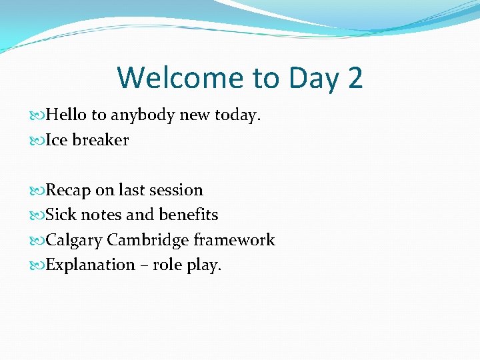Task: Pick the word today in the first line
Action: (x=236, y=116)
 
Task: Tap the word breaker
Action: (x=100, y=141)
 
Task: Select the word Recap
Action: (x=68, y=191)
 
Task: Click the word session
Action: (x=176, y=191)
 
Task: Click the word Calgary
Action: (x=73, y=241)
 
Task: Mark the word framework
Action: (x=234, y=240)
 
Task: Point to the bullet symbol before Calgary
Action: (x=39, y=241)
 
